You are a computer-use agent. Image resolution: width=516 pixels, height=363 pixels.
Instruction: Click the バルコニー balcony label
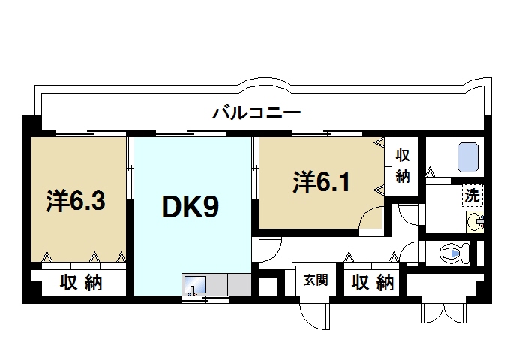(x=256, y=114)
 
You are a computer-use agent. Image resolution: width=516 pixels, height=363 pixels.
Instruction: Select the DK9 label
(x=190, y=206)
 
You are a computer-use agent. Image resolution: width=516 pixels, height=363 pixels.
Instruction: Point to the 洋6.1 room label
(x=321, y=181)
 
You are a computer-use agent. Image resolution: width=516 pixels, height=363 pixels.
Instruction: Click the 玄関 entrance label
(x=315, y=281)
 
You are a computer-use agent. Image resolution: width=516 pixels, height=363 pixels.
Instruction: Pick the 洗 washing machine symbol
(x=472, y=196)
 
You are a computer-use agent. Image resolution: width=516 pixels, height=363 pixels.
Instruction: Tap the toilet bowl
(x=453, y=253)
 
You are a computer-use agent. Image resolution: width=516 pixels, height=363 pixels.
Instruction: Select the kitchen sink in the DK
(x=196, y=286)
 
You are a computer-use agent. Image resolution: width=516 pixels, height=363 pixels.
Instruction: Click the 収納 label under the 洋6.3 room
(x=82, y=283)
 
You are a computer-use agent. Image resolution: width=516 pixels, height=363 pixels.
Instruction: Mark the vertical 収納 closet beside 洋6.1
(x=403, y=166)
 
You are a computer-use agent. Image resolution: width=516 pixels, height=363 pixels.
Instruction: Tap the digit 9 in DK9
(x=211, y=206)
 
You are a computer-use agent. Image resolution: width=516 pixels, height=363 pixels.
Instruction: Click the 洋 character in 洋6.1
(x=302, y=181)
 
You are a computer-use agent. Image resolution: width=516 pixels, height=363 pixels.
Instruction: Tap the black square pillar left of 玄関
(x=265, y=286)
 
